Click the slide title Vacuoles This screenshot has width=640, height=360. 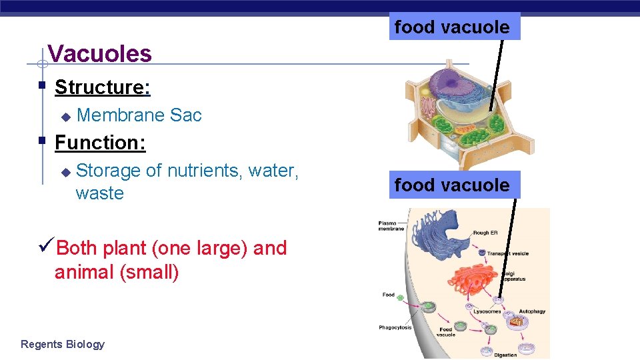100,53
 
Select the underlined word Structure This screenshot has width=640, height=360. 102,87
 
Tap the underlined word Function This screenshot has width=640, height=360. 100,143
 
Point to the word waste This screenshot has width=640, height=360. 99,193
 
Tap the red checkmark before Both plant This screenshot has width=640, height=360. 47,248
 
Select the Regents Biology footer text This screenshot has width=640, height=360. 63,344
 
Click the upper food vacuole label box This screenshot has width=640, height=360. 451,27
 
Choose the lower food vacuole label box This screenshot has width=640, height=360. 451,185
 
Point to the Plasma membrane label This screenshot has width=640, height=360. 391,225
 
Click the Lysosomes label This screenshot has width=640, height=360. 487,311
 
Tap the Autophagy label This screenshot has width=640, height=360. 532,311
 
